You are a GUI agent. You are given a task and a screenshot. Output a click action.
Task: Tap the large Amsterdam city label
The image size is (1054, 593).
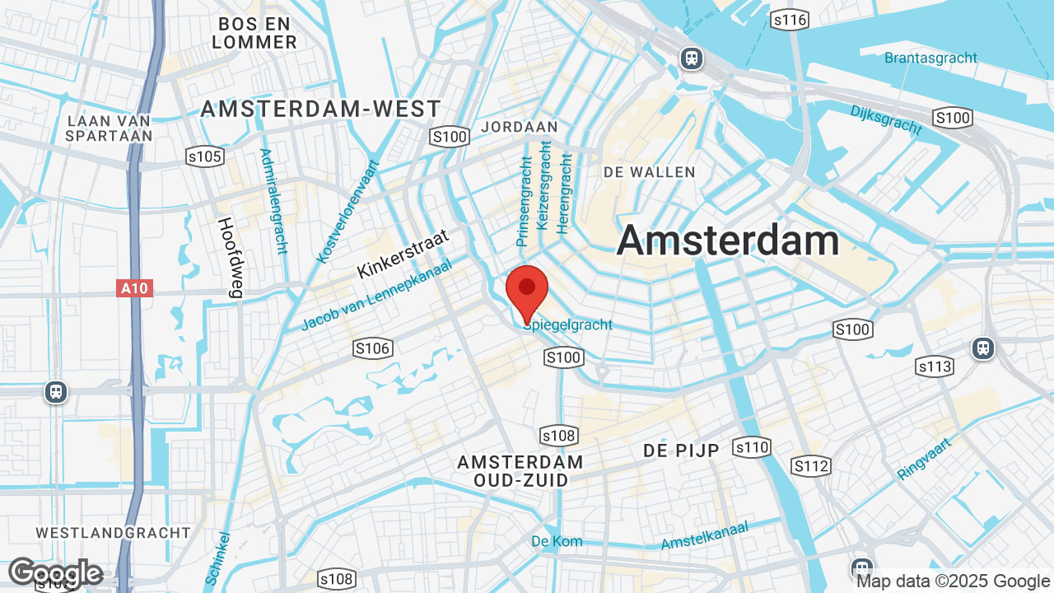tap(728, 241)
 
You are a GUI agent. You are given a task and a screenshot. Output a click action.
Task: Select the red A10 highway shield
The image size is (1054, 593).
tap(135, 288)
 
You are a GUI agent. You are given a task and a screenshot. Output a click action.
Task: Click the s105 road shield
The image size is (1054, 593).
tap(204, 156)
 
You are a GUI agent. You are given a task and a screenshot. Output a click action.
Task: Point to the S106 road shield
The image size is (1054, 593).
tap(372, 348)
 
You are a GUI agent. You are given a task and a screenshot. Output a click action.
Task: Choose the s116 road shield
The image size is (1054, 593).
tap(789, 20)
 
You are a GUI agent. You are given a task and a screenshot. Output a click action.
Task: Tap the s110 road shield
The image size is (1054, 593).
tap(751, 448)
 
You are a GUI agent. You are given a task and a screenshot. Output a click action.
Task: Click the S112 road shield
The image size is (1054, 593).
tap(811, 467)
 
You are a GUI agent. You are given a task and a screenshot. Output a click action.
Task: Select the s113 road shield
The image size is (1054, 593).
tap(934, 366)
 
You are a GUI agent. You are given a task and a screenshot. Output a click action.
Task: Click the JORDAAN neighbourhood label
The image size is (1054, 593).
tap(519, 127)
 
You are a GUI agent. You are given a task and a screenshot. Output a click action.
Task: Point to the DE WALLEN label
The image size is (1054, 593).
tap(649, 172)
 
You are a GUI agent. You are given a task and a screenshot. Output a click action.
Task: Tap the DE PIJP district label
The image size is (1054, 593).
tap(681, 451)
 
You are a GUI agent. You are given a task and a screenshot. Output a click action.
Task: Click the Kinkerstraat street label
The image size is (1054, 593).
tap(403, 254)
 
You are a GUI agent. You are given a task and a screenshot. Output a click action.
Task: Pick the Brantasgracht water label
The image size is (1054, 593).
tap(930, 58)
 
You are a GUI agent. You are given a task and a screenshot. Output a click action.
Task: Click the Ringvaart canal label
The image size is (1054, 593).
tap(924, 459)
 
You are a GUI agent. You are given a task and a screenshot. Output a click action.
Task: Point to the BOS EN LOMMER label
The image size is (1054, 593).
tap(254, 32)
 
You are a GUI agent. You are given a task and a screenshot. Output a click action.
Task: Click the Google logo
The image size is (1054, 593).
tap(55, 572)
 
